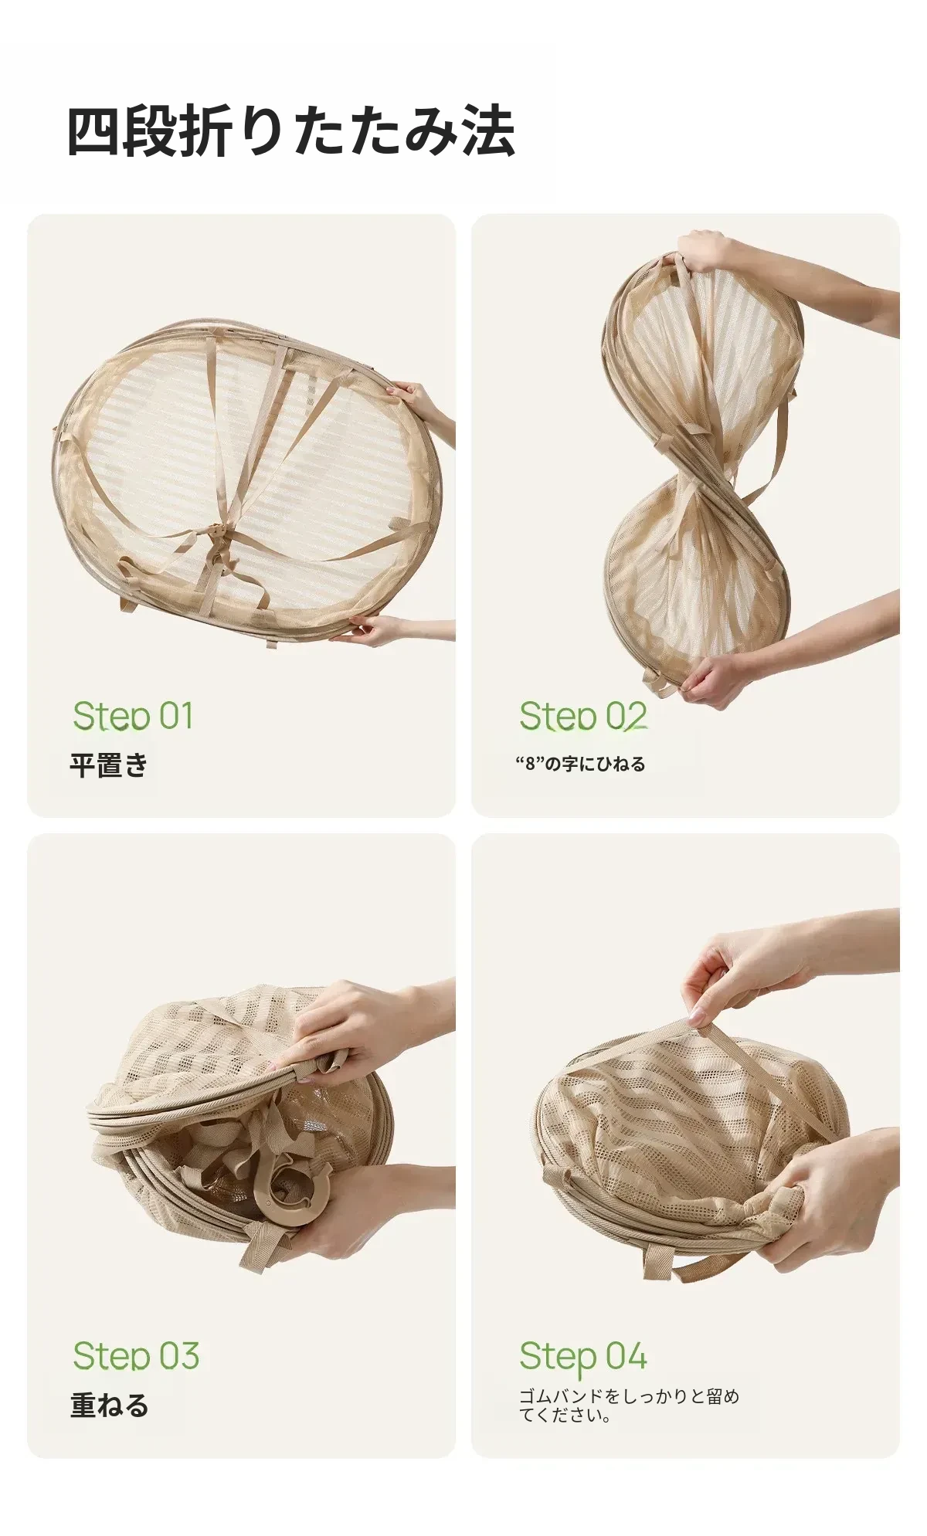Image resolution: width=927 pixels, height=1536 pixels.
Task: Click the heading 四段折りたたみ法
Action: pos(290,131)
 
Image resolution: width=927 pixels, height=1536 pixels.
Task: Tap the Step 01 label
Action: pos(133,716)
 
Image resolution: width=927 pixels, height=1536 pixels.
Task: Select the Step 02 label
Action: pos(582,716)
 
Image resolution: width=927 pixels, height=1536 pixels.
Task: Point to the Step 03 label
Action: pos(136,1356)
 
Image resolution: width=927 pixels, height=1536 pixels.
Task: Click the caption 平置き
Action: pos(109,765)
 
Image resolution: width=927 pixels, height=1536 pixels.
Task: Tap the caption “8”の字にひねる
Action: pos(580,764)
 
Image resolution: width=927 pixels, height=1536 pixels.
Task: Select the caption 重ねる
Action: pos(109,1405)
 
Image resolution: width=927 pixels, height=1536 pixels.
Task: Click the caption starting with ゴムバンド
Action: pos(629,1405)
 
